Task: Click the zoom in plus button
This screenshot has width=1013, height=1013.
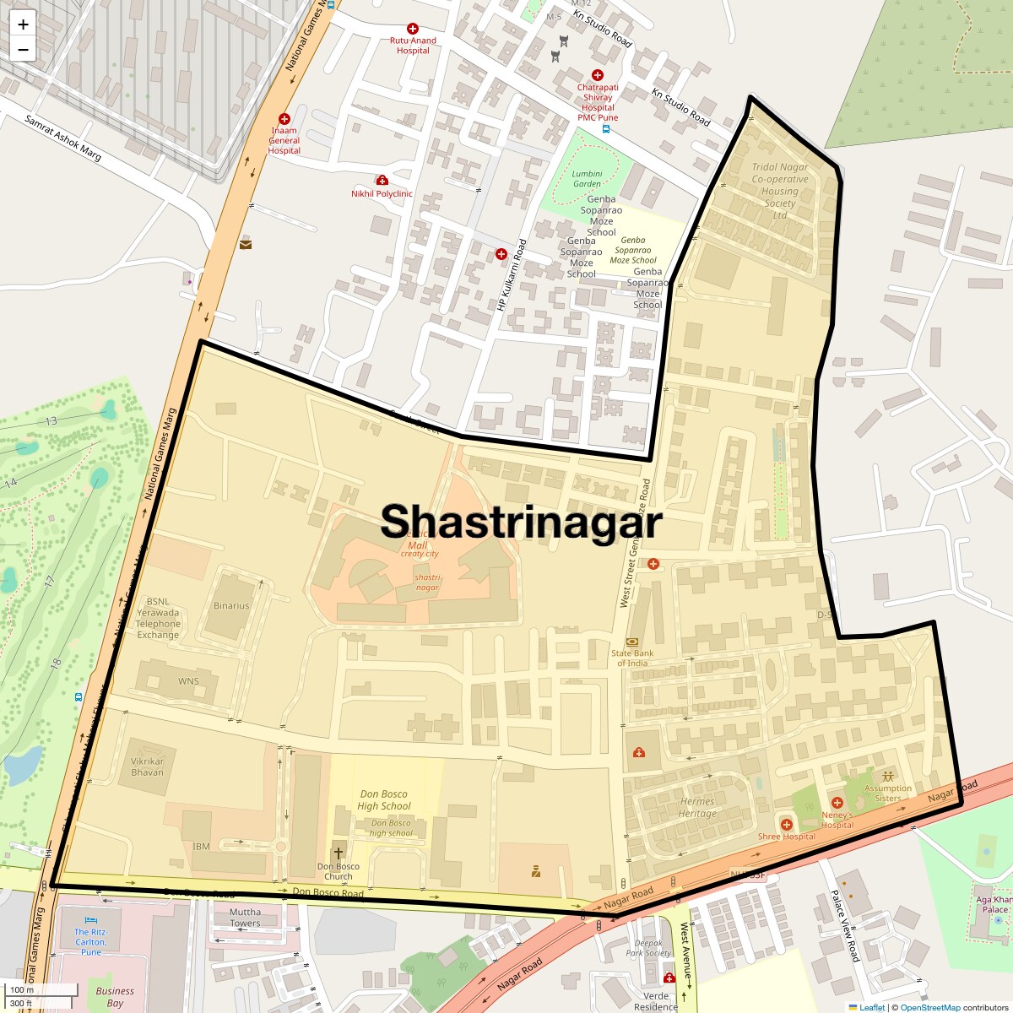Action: (x=23, y=24)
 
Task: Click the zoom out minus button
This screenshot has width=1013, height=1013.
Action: (x=23, y=49)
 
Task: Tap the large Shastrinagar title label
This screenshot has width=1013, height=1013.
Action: (x=521, y=522)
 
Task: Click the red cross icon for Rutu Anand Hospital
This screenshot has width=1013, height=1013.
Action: (x=413, y=30)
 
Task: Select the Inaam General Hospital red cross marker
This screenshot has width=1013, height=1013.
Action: (x=284, y=120)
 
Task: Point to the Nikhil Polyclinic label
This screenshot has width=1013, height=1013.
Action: (x=382, y=193)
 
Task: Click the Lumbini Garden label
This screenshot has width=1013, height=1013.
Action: (x=587, y=179)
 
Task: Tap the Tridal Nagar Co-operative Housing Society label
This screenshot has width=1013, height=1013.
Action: (x=779, y=191)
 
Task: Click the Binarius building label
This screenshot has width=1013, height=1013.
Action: (x=231, y=605)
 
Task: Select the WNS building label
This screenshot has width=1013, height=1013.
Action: (x=188, y=681)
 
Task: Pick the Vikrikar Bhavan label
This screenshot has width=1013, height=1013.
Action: (x=148, y=767)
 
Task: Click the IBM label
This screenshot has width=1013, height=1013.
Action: (x=201, y=846)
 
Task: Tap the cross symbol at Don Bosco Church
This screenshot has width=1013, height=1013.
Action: (x=339, y=853)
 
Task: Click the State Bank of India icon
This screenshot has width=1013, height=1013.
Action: (x=632, y=642)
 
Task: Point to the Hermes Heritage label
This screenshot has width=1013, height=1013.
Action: (x=697, y=808)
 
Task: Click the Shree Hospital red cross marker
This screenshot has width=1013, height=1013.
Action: (x=786, y=824)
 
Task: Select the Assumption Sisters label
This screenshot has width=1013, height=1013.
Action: (x=887, y=793)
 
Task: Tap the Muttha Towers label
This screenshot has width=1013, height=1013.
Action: (x=245, y=918)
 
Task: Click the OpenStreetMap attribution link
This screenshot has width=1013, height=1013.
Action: (x=929, y=1007)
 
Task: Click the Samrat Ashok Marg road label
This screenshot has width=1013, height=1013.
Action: (x=63, y=138)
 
